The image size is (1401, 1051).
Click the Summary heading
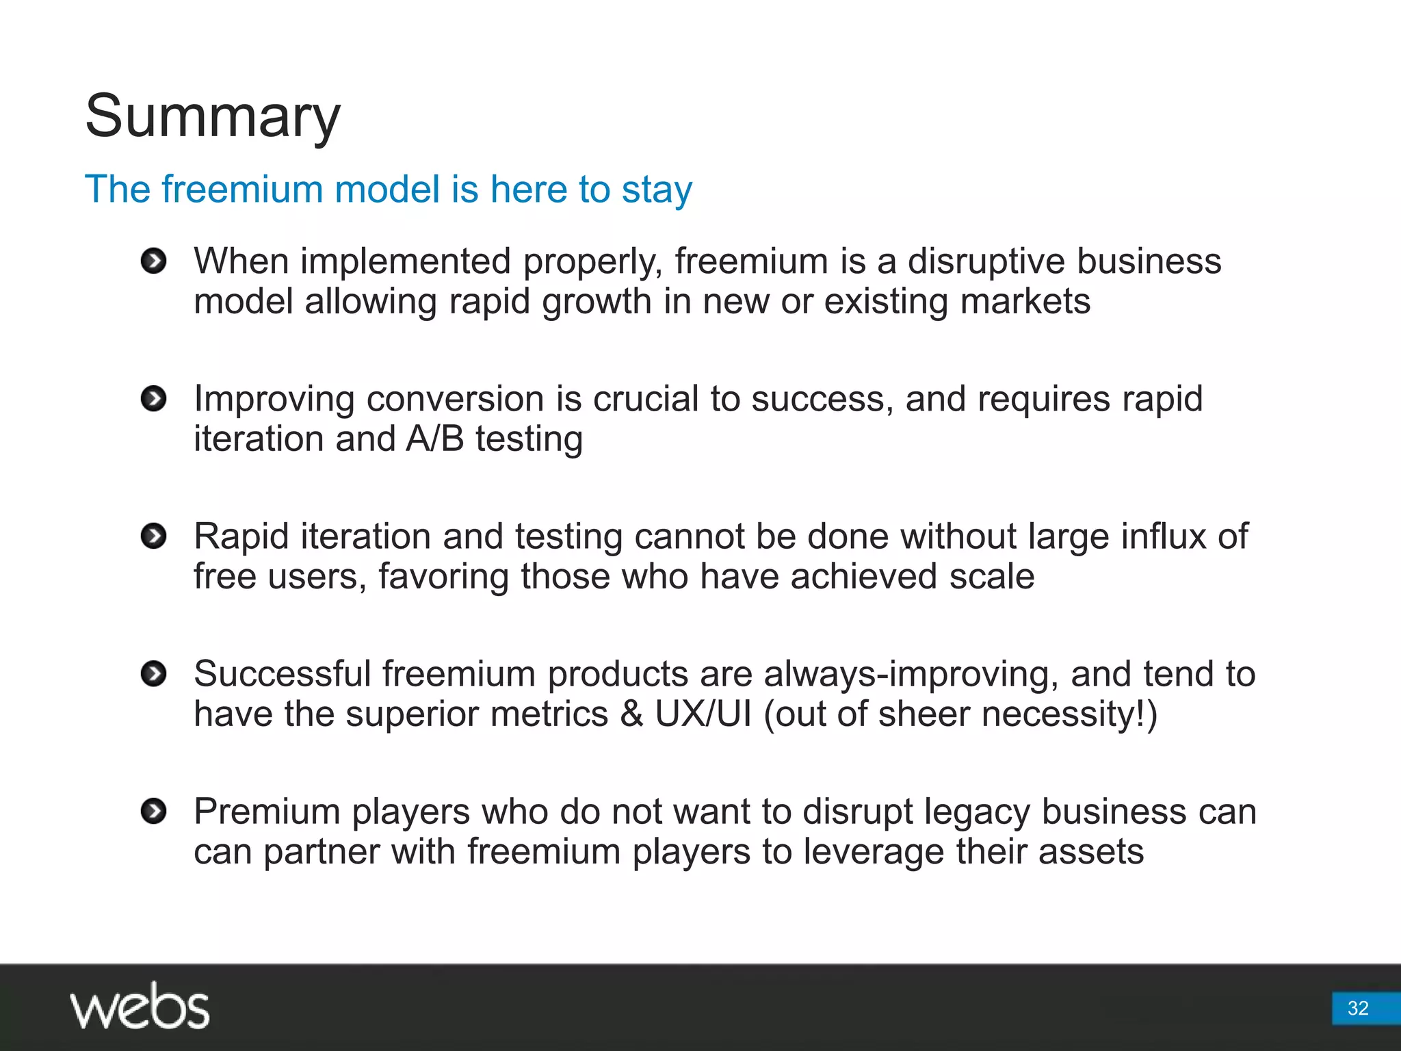(212, 116)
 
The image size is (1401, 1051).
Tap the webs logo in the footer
(140, 1006)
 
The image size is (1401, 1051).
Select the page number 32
(1357, 1008)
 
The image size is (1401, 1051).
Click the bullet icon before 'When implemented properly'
(153, 261)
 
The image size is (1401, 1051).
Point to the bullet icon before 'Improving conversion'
(153, 399)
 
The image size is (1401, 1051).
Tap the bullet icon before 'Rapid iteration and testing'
(153, 536)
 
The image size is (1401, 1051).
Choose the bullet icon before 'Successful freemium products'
(153, 674)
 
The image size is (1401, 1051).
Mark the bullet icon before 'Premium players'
(153, 812)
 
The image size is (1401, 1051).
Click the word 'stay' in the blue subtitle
(657, 190)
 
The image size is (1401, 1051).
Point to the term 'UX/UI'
(703, 714)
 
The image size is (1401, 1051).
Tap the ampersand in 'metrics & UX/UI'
(631, 714)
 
